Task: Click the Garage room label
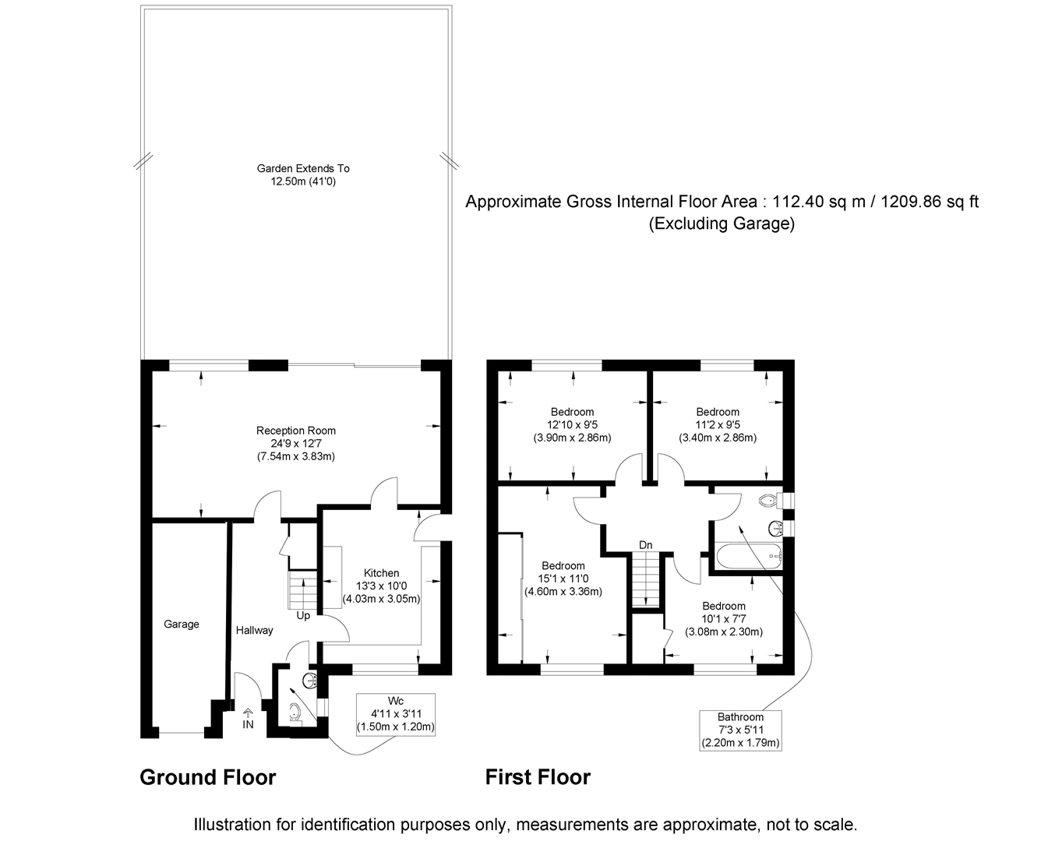pyautogui.click(x=181, y=624)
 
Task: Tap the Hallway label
pyautogui.click(x=255, y=630)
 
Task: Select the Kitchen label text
pyautogui.click(x=381, y=573)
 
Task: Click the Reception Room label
pyautogui.click(x=296, y=431)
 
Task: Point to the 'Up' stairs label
pyautogui.click(x=303, y=615)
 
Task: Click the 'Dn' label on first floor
pyautogui.click(x=645, y=545)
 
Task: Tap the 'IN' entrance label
pyautogui.click(x=248, y=724)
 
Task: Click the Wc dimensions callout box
pyautogui.click(x=395, y=714)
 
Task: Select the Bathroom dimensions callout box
pyautogui.click(x=740, y=730)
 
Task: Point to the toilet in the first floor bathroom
pyautogui.click(x=767, y=500)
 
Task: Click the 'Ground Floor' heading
pyautogui.click(x=207, y=777)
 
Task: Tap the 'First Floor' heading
pyautogui.click(x=538, y=777)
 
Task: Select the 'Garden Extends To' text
pyautogui.click(x=303, y=168)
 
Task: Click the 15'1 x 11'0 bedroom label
pyautogui.click(x=563, y=579)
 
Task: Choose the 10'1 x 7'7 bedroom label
pyautogui.click(x=723, y=619)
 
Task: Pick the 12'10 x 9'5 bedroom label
pyautogui.click(x=572, y=424)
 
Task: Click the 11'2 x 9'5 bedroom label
pyautogui.click(x=717, y=424)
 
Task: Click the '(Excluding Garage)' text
pyautogui.click(x=722, y=224)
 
